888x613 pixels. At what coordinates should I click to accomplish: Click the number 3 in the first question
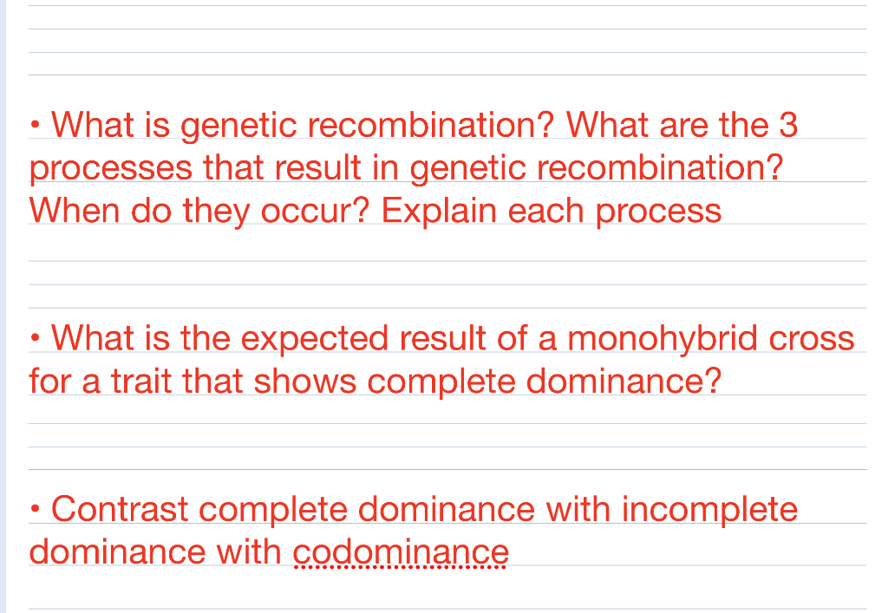pyautogui.click(x=787, y=126)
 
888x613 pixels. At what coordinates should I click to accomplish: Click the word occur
pyautogui.click(x=317, y=211)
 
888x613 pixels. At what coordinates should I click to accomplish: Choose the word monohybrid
pyautogui.click(x=659, y=337)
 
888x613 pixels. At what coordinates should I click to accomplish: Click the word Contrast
pyautogui.click(x=120, y=508)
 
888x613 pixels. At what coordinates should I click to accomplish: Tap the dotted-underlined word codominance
pyautogui.click(x=401, y=551)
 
